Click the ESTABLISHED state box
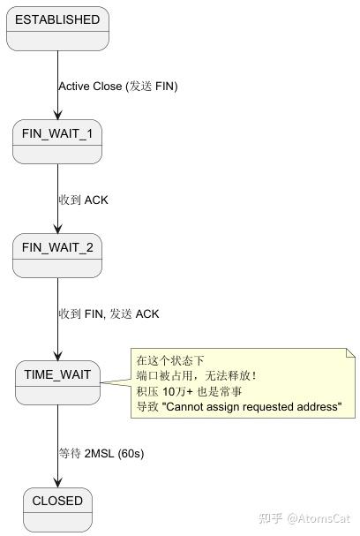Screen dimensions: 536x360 coord(57,28)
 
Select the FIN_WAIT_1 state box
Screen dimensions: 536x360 coord(57,141)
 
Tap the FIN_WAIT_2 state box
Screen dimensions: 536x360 coord(57,255)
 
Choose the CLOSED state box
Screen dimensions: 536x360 coord(57,509)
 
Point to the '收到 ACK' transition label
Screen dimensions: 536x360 coord(83,200)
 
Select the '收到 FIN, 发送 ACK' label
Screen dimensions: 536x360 coord(109,313)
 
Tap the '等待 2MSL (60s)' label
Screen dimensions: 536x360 coord(101,453)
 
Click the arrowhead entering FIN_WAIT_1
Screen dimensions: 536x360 coord(57,114)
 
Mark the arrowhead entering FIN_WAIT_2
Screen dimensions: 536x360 coord(57,228)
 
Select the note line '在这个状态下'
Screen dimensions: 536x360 coord(170,360)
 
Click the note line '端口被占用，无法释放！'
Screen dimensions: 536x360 coord(196,375)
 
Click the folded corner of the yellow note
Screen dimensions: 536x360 coord(350,353)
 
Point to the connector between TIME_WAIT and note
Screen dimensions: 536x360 coord(115,382)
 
